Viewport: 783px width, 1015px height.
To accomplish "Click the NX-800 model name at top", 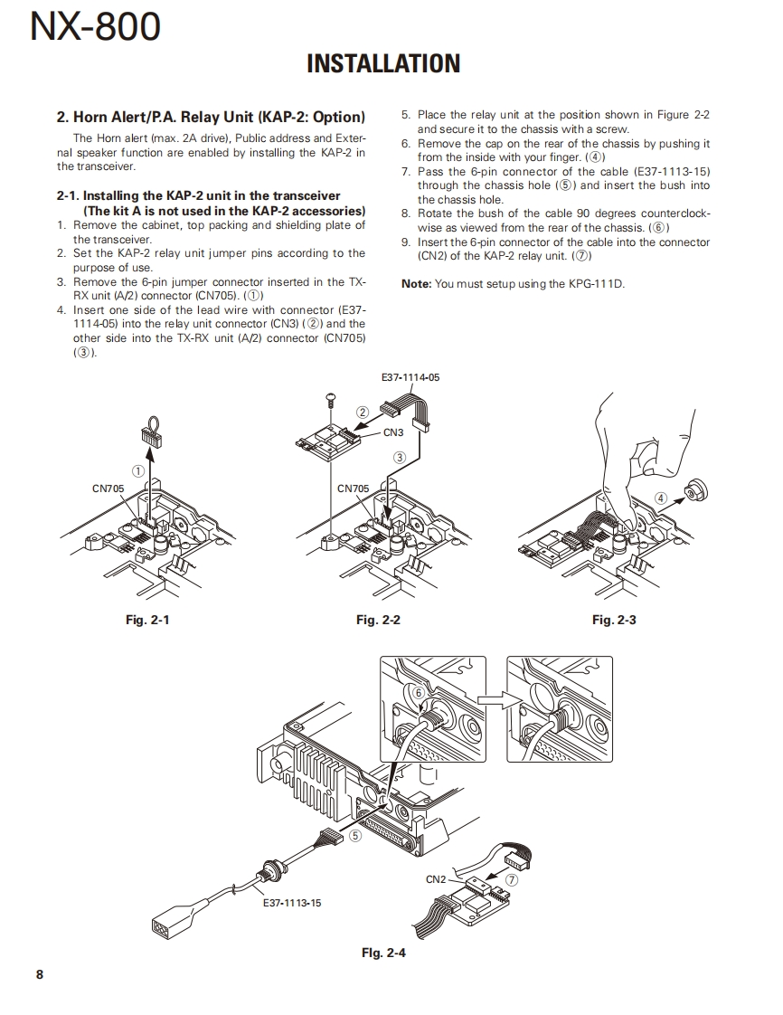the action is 96,27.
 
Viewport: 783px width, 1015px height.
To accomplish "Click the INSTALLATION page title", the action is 383,63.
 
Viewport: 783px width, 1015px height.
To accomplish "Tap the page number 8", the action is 39,974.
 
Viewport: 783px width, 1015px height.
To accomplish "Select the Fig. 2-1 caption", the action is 147,620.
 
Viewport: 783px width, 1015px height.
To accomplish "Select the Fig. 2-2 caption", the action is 378,620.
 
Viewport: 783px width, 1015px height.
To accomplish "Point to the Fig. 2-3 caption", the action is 614,620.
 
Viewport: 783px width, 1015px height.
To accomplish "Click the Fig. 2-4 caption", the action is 383,953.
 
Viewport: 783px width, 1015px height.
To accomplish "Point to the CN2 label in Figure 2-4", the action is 436,879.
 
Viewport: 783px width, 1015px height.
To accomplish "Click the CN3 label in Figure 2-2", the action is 393,432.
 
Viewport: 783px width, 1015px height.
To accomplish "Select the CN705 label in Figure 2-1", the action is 108,489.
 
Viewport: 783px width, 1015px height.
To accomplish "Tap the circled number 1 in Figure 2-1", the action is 138,470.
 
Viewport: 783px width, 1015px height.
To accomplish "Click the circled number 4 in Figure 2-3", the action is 661,498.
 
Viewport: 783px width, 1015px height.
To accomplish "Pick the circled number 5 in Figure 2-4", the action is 355,836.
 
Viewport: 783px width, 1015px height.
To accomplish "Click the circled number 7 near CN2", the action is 512,878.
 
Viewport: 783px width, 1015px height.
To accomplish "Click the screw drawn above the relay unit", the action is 330,397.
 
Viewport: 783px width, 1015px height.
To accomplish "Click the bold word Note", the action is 416,284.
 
